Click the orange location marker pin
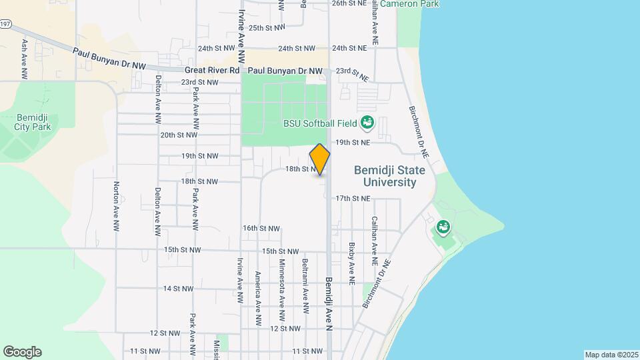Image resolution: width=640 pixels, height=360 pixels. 320,159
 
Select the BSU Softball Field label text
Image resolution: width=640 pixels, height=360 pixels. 320,123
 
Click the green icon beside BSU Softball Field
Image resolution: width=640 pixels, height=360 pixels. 367,123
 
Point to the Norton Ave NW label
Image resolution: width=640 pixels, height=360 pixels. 117,207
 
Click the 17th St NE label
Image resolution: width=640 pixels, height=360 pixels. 352,198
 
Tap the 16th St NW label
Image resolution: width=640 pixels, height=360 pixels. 259,228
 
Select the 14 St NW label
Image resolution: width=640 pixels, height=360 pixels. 178,289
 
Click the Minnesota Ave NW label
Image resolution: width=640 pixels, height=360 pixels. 282,283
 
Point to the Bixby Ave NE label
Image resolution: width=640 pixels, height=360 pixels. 351,260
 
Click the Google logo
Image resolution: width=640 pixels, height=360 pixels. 22,352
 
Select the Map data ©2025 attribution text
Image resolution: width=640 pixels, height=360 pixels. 610,355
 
